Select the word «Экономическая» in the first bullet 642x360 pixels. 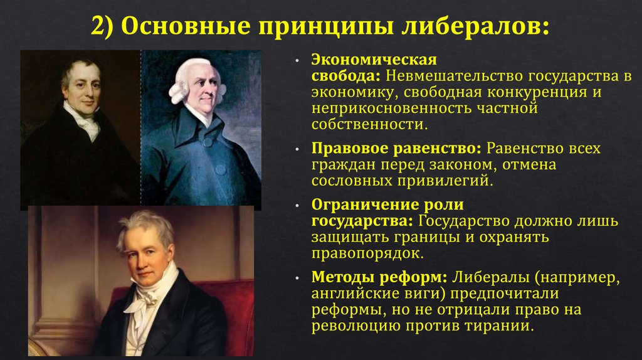(x=374, y=60)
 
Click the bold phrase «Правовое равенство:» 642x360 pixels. (x=396, y=149)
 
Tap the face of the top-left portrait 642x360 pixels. (x=82, y=88)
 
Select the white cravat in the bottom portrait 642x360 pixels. (x=144, y=295)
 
